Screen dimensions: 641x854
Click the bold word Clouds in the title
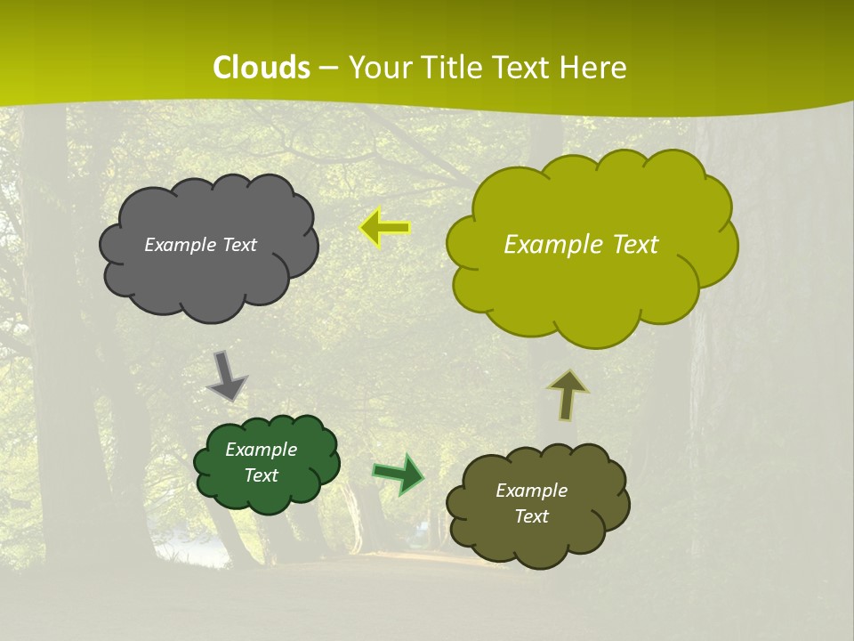coord(262,68)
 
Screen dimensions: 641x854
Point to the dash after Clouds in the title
coord(328,69)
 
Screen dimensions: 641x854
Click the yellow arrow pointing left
coord(385,228)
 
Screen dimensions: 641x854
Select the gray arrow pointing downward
coord(226,375)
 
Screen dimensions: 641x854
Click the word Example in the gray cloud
coord(177,245)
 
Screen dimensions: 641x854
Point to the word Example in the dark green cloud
coord(261,450)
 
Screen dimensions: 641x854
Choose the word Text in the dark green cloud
coord(261,475)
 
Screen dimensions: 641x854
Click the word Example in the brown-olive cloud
coord(531,491)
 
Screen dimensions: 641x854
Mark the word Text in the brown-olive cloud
coord(531,516)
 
